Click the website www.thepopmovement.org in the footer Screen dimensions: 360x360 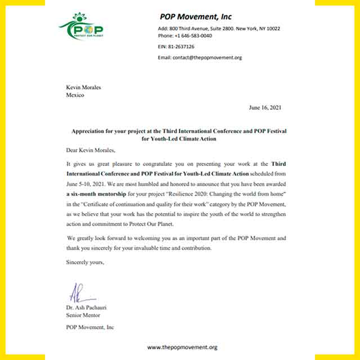click(x=182, y=348)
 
